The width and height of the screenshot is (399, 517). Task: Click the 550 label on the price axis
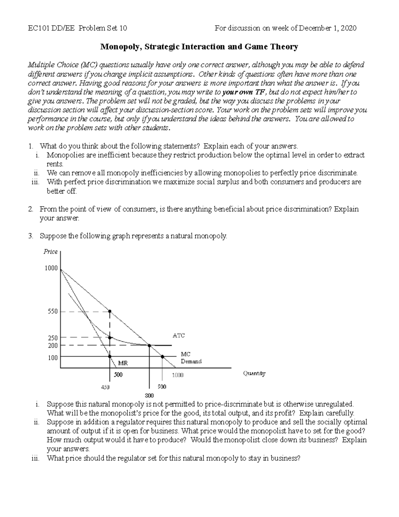(x=53, y=312)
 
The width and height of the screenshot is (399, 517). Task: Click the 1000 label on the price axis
(x=51, y=268)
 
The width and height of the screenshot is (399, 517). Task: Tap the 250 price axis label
(x=53, y=338)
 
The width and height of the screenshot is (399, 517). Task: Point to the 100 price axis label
(x=53, y=358)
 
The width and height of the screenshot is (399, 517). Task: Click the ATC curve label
(x=179, y=336)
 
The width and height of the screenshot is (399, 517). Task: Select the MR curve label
(x=123, y=363)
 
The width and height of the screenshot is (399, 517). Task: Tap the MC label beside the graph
(x=186, y=355)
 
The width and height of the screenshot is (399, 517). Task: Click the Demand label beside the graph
(x=191, y=361)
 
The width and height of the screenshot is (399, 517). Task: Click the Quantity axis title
(x=254, y=374)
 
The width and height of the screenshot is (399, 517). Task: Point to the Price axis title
(x=51, y=252)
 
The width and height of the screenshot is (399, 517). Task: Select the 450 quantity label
(x=105, y=387)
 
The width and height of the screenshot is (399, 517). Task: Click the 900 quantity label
(x=162, y=387)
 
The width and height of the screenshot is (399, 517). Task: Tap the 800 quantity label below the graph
(x=149, y=395)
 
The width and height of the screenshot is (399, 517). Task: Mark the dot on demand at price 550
(x=110, y=312)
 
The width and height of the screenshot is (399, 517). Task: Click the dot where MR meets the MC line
(x=110, y=357)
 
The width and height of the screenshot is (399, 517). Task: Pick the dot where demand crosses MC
(x=162, y=357)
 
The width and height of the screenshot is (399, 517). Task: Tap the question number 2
(x=30, y=209)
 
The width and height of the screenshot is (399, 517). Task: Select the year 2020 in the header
(x=349, y=28)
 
